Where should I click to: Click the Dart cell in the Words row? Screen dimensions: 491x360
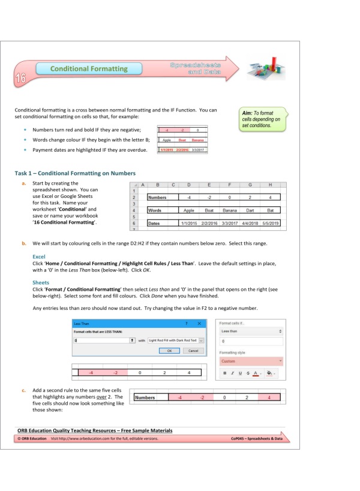pyautogui.click(x=250, y=210)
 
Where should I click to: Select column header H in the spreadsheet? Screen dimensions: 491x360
pyautogui.click(x=271, y=185)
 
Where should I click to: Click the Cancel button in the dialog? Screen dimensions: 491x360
pyautogui.click(x=193, y=350)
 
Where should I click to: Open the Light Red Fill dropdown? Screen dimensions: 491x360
pyautogui.click(x=201, y=339)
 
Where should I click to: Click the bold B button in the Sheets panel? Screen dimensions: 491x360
pyautogui.click(x=224, y=373)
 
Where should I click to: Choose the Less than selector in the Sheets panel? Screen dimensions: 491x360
pyautogui.click(x=250, y=330)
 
